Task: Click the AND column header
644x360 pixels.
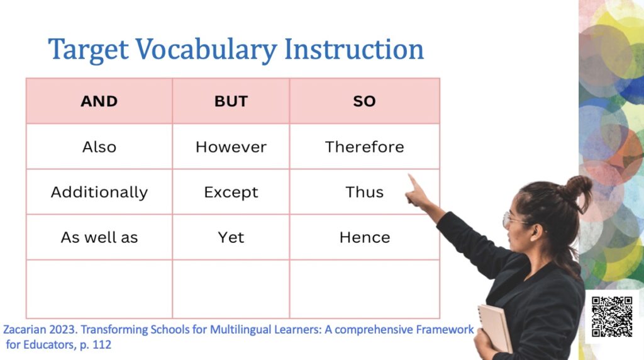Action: coord(99,101)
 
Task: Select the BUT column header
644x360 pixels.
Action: coord(231,101)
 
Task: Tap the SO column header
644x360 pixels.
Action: coord(364,101)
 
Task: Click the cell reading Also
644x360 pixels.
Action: coord(99,147)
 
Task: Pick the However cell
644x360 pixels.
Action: coord(231,147)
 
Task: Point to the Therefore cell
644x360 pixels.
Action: coord(364,147)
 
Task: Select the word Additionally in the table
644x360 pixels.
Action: coord(99,193)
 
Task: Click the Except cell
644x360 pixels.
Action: coord(231,192)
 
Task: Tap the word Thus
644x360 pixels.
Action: coord(364,192)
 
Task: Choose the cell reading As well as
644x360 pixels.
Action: coord(99,237)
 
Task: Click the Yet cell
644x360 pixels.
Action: coord(231,237)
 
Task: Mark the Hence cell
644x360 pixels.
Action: coord(364,237)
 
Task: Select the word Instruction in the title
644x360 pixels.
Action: coord(353,49)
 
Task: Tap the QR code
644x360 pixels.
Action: coord(611,317)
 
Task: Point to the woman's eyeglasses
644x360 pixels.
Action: coord(513,220)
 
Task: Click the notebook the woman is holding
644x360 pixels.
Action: coord(495,328)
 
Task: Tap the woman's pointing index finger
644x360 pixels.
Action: coord(414,182)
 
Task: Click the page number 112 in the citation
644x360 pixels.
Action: coord(101,344)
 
